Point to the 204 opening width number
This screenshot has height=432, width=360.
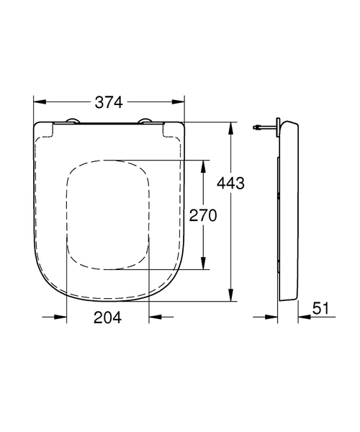pos(107,317)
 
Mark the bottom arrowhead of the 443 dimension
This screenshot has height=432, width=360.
pos(230,297)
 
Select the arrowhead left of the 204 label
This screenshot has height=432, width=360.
pos(62,317)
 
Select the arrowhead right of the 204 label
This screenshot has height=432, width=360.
pos(153,317)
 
